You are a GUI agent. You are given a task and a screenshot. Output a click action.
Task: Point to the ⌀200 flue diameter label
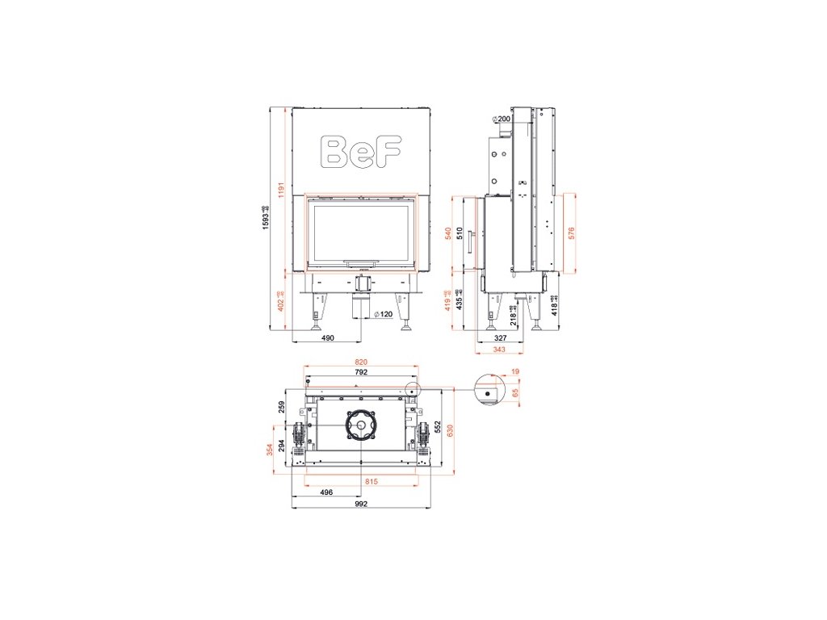point(502,119)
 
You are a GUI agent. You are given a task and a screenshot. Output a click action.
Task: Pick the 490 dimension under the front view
point(327,339)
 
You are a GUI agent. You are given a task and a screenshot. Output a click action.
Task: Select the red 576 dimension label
point(571,233)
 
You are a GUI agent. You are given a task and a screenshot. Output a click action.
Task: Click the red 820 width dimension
point(361,362)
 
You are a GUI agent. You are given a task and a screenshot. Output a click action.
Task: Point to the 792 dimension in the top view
point(361,373)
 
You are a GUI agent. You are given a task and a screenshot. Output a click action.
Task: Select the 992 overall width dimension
point(361,504)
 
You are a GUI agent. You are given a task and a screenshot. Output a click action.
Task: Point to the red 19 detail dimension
point(515,372)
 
